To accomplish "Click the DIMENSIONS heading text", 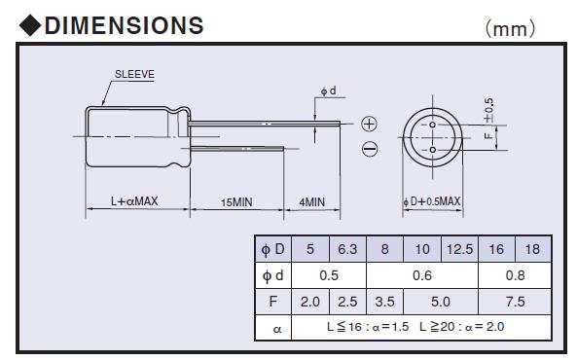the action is pos(124,25).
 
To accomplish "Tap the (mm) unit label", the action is pos(510,29).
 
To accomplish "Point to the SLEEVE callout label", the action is pos(134,74).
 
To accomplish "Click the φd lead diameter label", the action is pos(328,90).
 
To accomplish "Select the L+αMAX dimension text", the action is pos(134,201).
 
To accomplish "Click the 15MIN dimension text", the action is pos(236,202).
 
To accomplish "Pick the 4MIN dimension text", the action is pos(311,202).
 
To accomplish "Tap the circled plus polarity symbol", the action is pos(370,124).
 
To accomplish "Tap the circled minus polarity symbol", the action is pos(370,149).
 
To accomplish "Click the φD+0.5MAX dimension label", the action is pos(432,201).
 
